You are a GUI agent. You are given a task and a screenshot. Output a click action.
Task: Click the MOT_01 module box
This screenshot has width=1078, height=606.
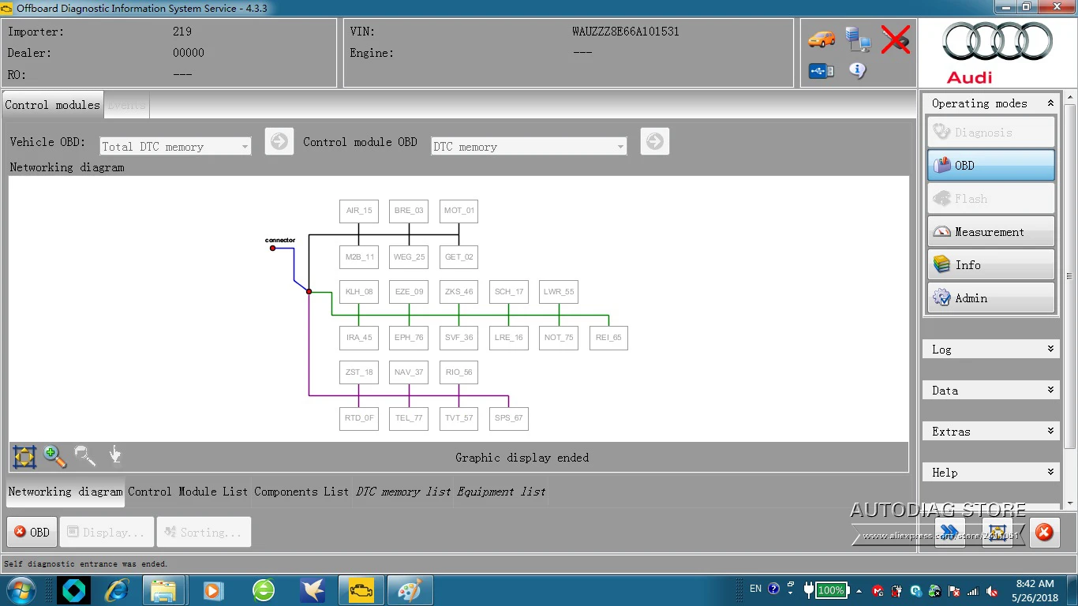(459, 211)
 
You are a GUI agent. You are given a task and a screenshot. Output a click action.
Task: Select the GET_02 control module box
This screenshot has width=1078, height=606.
(459, 256)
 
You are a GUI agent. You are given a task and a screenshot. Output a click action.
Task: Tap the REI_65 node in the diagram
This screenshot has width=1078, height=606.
(608, 338)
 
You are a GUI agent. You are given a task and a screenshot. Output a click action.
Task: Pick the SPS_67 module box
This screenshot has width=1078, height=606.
(508, 418)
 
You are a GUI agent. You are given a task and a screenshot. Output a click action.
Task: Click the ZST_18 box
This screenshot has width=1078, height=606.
(358, 372)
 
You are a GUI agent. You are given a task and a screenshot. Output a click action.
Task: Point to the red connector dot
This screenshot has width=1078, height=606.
(273, 249)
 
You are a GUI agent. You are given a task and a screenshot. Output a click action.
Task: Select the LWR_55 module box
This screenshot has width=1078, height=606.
(559, 292)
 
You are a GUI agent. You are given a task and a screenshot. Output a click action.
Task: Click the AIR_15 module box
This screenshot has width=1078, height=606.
(358, 211)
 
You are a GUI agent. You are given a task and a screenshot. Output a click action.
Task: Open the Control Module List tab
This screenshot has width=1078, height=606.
(188, 492)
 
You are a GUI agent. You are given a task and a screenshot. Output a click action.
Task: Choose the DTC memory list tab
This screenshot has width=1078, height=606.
(403, 492)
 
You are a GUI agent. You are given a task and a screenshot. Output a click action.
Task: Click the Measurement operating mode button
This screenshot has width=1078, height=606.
(990, 232)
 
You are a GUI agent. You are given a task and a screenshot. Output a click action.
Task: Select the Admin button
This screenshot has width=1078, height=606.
(990, 298)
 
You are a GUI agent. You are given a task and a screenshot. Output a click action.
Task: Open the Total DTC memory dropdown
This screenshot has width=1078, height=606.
(175, 147)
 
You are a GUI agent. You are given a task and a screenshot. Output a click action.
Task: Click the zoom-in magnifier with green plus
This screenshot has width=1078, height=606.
(54, 456)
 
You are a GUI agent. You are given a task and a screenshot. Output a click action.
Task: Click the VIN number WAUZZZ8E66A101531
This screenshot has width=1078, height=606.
(625, 32)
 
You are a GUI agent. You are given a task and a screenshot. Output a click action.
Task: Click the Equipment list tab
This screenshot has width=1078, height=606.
(501, 492)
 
